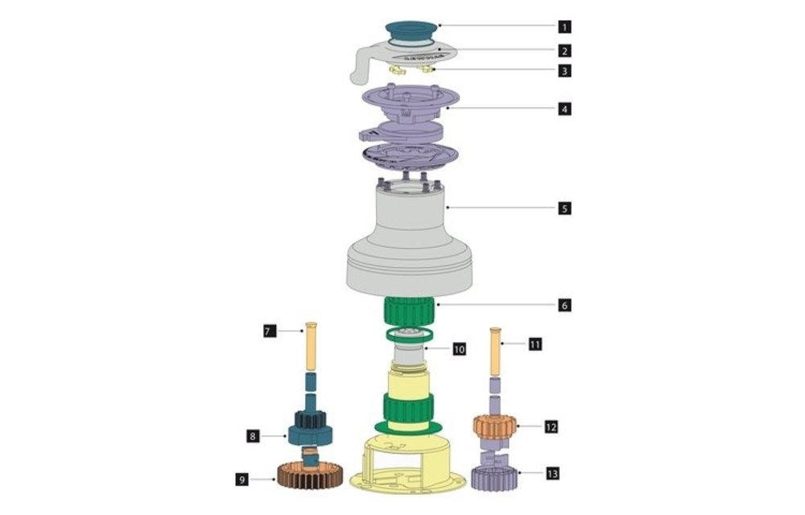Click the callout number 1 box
566,26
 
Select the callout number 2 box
566,50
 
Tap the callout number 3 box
566,71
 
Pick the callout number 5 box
566,208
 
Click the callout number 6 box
566,306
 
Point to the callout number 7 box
270,331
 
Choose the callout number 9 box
242,480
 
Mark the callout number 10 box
459,350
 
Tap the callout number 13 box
551,474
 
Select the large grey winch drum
407,241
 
